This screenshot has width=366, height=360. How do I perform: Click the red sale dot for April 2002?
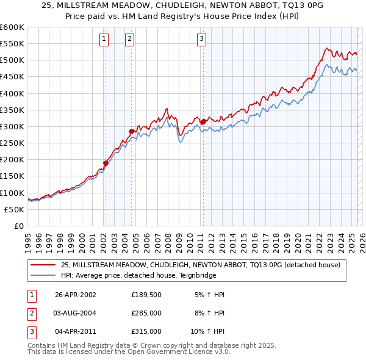coord(106,163)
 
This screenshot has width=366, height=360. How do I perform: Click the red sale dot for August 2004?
coord(131,131)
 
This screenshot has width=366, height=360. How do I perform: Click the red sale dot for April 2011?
coord(203,121)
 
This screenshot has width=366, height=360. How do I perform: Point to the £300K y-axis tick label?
coord(12,126)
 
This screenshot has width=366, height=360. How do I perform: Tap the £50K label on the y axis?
coord(14,209)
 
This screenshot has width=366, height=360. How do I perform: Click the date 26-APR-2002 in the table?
coord(76,295)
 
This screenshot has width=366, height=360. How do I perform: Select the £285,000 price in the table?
coord(146,313)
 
